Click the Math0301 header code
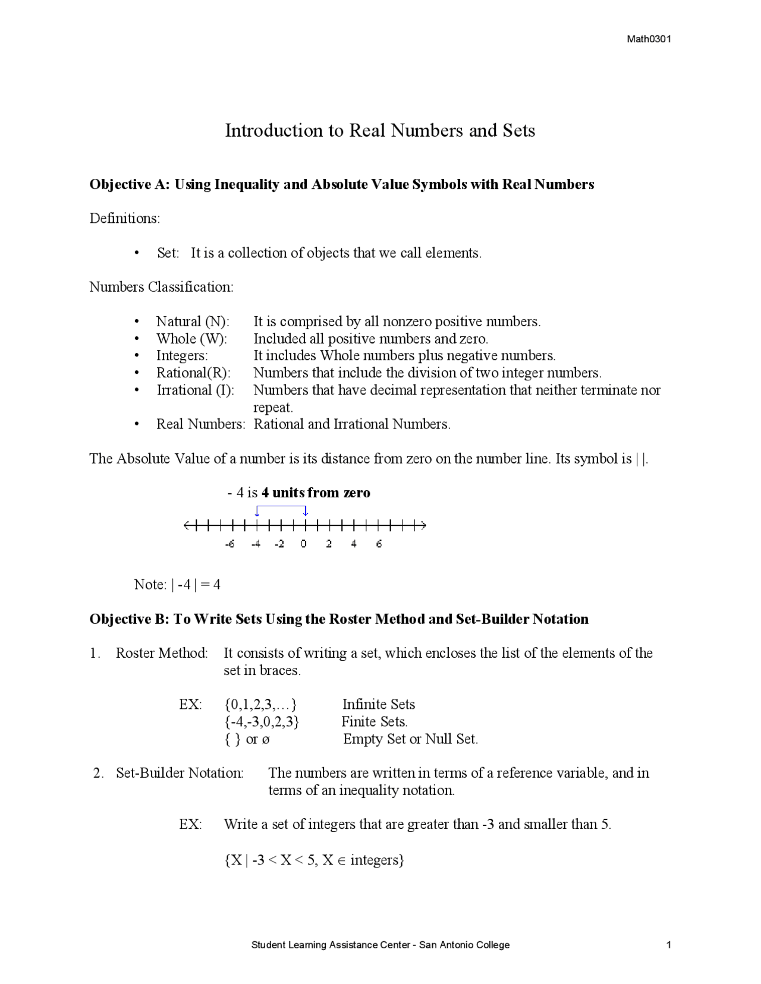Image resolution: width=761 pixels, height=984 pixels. point(649,39)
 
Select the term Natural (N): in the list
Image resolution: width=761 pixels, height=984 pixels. point(192,321)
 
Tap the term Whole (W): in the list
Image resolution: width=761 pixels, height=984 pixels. point(191,339)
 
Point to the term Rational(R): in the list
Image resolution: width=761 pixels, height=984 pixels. point(193,373)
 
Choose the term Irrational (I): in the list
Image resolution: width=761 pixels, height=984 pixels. point(195,390)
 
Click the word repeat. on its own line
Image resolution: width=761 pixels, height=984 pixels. point(273,408)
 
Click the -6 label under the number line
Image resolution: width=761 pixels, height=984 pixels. point(229,544)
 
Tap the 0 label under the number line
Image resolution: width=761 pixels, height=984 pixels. point(304,544)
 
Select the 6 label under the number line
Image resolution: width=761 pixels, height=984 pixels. point(379,544)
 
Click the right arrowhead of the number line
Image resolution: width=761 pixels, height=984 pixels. point(423,525)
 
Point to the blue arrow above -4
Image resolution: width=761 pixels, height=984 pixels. point(257,511)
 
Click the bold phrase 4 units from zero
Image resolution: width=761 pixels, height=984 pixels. point(316,493)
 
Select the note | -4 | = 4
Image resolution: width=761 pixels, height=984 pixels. point(196,585)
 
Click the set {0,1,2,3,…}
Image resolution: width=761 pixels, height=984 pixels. point(260,705)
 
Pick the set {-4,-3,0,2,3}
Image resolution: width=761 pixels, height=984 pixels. point(262,722)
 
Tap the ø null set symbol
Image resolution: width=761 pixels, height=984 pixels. point(266,740)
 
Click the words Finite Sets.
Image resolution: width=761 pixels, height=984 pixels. point(374,722)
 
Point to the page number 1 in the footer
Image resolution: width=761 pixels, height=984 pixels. point(669,945)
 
